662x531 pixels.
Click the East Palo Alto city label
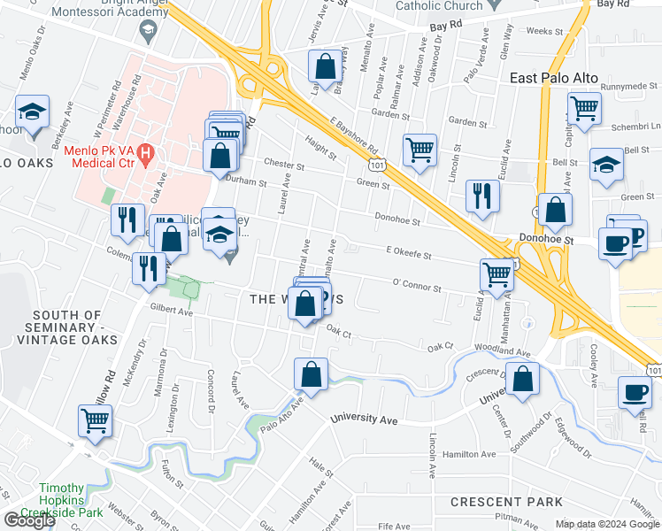tap(555, 78)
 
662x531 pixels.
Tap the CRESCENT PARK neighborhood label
tap(505, 502)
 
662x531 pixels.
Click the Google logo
tap(29, 519)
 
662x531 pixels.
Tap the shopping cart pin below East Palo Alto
tap(584, 110)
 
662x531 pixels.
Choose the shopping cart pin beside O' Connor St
tap(497, 275)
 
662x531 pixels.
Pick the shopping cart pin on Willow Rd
tap(95, 421)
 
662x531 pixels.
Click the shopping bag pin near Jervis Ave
tap(325, 65)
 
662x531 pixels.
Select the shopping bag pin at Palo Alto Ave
tap(312, 373)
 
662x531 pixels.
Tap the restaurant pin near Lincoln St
tap(481, 196)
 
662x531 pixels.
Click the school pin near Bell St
tap(607, 166)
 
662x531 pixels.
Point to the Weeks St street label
tap(544, 31)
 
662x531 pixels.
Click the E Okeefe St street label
tap(408, 255)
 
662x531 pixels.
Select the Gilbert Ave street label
tap(172, 312)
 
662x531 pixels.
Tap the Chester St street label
tap(284, 165)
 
